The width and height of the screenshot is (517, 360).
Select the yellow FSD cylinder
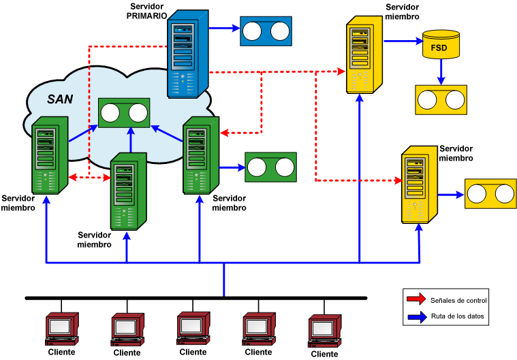coord(439,44)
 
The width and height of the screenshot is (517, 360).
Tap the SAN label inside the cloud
coord(60,99)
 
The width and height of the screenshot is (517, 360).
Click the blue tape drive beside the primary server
coord(265,31)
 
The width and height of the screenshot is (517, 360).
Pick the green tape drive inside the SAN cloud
coord(124,112)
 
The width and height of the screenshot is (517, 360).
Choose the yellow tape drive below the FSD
coord(441,99)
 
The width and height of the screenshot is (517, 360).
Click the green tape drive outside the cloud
coord(270,167)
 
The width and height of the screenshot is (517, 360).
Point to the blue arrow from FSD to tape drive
coord(441,70)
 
